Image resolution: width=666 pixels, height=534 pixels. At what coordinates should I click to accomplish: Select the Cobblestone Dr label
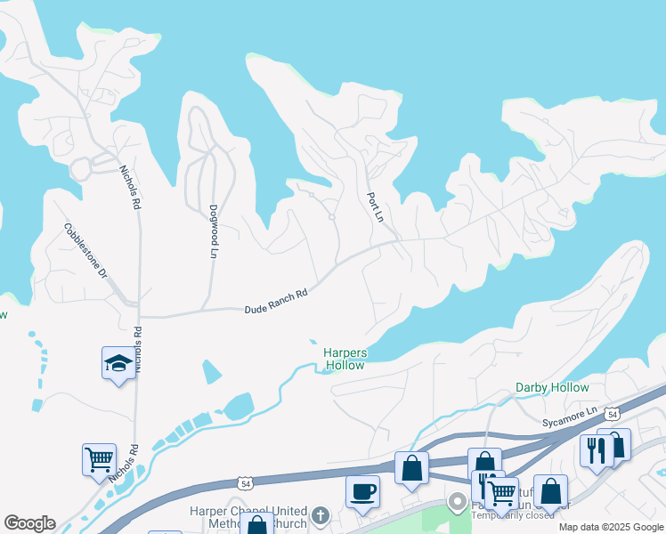pyautogui.click(x=85, y=250)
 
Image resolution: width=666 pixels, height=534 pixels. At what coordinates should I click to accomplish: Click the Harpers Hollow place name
pyautogui.click(x=345, y=359)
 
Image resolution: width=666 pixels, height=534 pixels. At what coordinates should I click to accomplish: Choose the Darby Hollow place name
pyautogui.click(x=552, y=387)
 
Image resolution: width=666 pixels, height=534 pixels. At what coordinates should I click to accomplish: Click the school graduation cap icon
pyautogui.click(x=118, y=363)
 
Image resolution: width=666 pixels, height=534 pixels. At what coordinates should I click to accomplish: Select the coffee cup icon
pyautogui.click(x=362, y=491)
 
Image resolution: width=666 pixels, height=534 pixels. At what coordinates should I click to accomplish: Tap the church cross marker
pyautogui.click(x=321, y=516)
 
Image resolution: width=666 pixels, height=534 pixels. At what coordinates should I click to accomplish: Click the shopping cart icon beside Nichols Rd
pyautogui.click(x=99, y=459)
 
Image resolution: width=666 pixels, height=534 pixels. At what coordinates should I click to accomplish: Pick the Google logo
pyautogui.click(x=29, y=523)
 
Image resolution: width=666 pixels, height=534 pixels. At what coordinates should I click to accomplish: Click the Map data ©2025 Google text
pyautogui.click(x=611, y=527)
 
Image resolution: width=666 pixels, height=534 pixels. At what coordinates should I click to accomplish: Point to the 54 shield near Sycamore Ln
pyautogui.click(x=611, y=414)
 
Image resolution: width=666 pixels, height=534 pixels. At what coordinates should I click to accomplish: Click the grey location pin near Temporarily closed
pyautogui.click(x=459, y=503)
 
